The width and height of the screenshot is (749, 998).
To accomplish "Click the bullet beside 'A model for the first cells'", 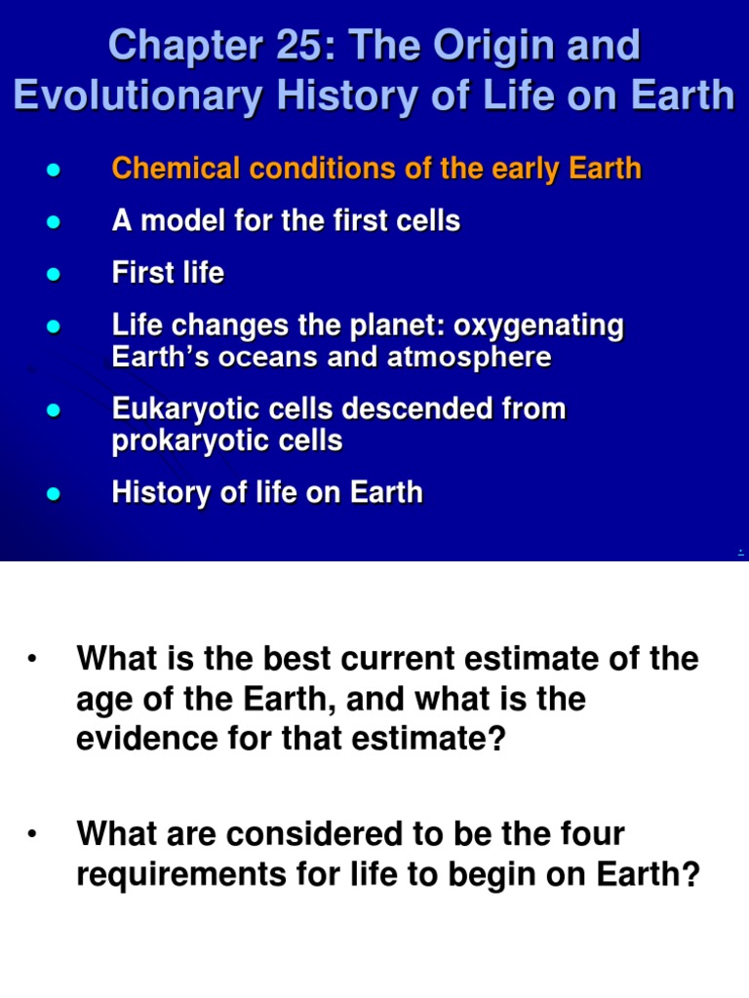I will (x=55, y=222).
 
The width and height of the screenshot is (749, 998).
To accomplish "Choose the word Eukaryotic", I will (x=179, y=409).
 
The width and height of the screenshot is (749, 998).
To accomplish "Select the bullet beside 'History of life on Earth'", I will (x=55, y=493).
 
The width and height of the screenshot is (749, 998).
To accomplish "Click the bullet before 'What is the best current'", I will (x=32, y=661).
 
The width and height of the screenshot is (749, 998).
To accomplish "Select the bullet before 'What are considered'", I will (x=32, y=835).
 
